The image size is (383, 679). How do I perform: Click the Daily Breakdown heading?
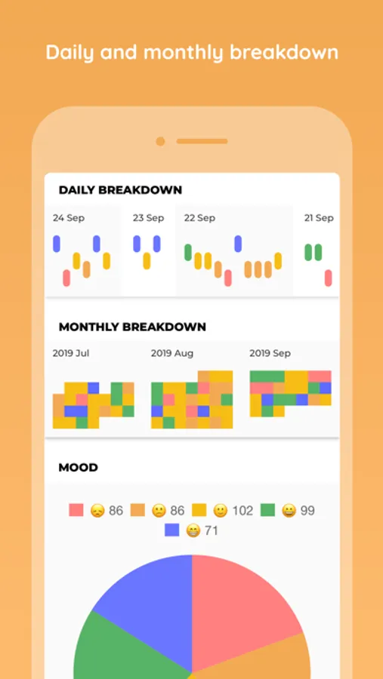click(120, 189)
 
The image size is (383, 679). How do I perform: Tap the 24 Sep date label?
click(69, 218)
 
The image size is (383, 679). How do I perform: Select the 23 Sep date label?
click(148, 218)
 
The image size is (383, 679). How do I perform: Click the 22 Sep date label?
click(199, 218)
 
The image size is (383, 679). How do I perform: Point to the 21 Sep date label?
click(319, 218)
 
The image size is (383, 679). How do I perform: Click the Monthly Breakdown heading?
click(132, 327)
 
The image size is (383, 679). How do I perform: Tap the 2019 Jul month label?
click(71, 353)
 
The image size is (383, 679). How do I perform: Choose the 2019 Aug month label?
click(172, 353)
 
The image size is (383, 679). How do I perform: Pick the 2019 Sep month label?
click(270, 353)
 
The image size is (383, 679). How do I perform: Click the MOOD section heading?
click(78, 467)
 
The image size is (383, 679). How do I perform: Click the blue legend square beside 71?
click(171, 530)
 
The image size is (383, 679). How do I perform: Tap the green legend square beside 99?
click(267, 510)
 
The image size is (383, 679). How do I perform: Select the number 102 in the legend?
click(242, 511)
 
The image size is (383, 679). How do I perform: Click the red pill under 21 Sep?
click(329, 278)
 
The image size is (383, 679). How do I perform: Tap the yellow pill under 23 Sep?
click(147, 261)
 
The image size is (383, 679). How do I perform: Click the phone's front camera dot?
click(160, 141)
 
